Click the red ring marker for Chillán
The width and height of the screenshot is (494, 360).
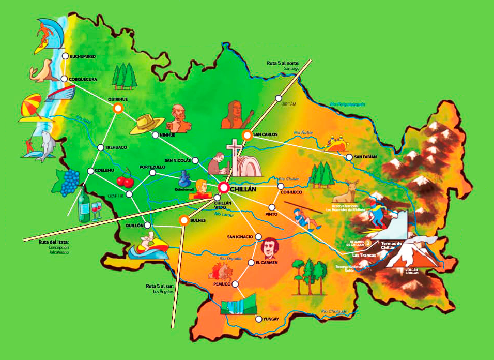pos(224,188)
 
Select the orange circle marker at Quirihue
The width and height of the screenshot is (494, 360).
pos(118,108)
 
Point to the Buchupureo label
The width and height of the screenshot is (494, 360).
pos(83,56)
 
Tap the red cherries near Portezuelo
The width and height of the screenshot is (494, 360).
pos(125,181)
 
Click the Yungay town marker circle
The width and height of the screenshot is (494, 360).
pos(258,319)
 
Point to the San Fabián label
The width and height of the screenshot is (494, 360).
pos(366,157)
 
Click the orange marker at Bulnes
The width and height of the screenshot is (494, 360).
pos(183,220)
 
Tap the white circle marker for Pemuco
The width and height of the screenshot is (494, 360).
pos(235,284)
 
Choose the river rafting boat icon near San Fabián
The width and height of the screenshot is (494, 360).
pos(337,143)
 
